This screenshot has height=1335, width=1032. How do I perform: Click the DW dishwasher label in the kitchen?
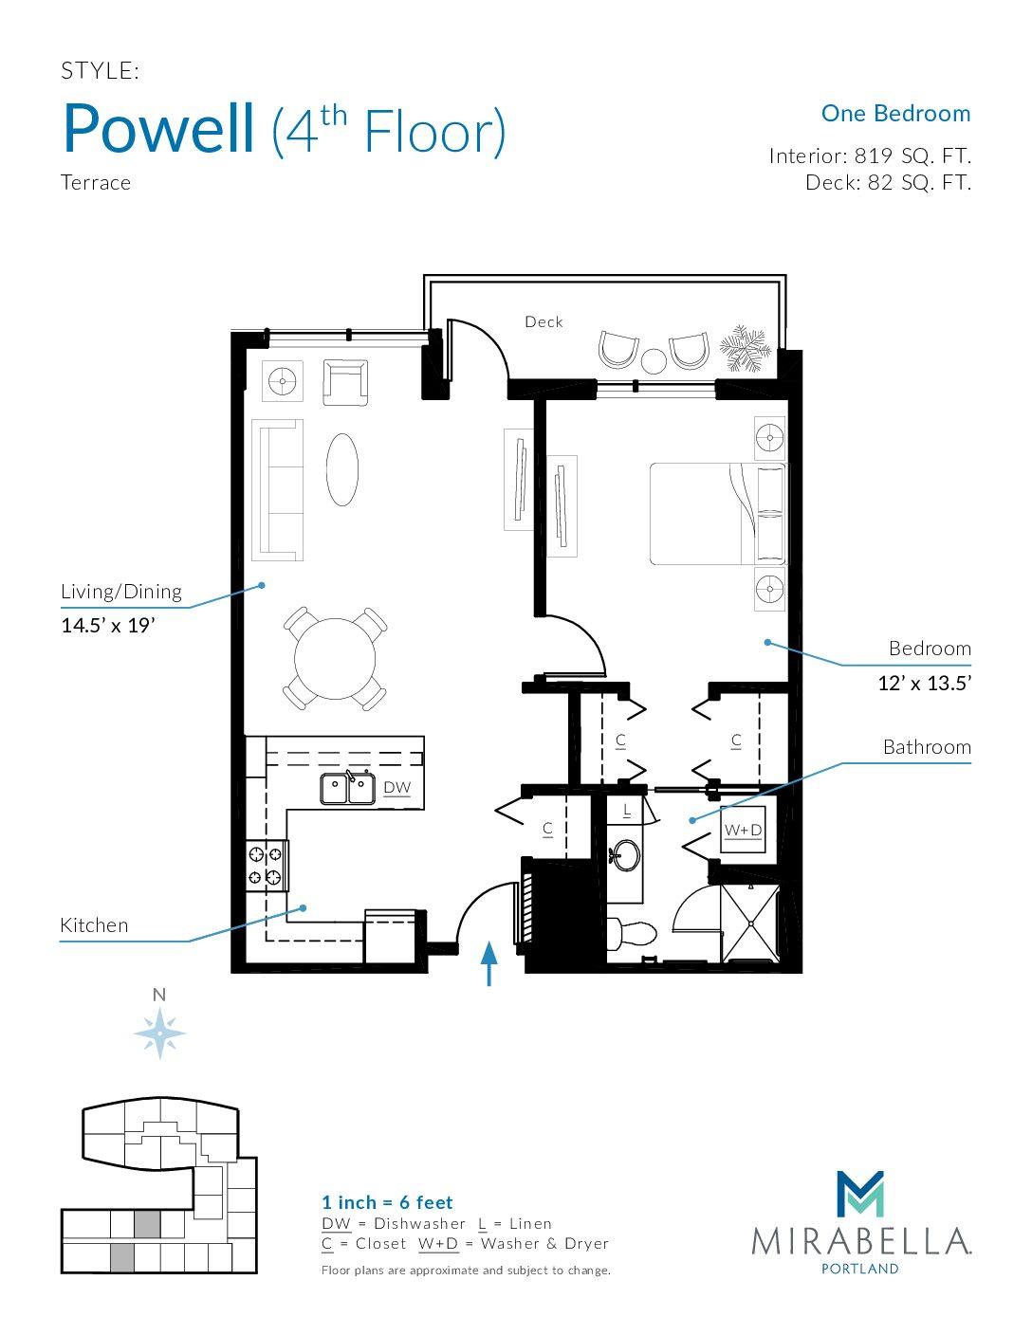pos(397,788)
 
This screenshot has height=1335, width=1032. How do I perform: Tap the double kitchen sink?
pos(348,788)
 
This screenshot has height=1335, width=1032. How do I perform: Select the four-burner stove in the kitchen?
pos(267,866)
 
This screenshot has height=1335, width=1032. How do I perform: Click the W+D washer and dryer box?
pos(743,830)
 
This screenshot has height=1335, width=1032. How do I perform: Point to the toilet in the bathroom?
pos(632,934)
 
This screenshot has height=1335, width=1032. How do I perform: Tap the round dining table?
pos(335,659)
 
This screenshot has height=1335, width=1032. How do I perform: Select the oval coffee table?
pos(341,469)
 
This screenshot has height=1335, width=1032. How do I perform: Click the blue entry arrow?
pos(488,963)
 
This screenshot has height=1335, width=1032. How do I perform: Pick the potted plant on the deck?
pos(745,348)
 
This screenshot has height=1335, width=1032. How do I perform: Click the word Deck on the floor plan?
pos(544,321)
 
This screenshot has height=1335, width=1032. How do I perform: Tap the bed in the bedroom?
pos(717,514)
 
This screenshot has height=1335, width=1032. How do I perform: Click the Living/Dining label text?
pos(121,591)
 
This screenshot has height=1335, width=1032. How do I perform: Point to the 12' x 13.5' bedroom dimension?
pos(924,684)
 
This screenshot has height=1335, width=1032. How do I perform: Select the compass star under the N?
pos(159,1033)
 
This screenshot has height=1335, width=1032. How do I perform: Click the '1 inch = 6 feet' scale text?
pos(387,1202)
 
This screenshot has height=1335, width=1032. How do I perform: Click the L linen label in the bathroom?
pos(626,811)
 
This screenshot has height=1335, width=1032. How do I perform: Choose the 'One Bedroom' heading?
pos(895,113)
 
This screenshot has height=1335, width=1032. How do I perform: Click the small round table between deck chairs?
pos(654,360)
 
